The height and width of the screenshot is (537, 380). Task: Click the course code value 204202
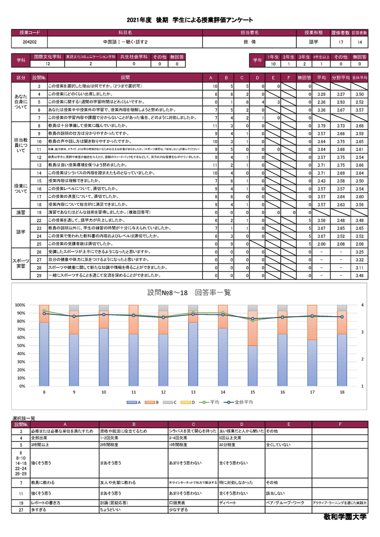[29, 42]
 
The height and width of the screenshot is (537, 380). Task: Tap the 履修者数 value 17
[341, 42]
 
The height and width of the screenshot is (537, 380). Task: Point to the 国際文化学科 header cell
[47, 57]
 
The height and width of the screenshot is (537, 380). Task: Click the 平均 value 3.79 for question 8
[321, 126]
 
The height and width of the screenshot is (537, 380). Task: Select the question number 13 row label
[38, 164]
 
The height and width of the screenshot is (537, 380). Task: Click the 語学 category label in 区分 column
[21, 232]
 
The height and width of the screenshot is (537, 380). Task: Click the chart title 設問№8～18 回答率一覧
[190, 293]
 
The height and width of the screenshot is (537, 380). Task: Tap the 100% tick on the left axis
[19, 305]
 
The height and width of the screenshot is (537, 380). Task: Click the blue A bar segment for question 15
[252, 366]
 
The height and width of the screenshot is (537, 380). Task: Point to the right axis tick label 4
[362, 305]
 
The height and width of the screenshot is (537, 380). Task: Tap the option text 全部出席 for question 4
[40, 438]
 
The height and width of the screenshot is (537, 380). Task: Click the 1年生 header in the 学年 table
[273, 57]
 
